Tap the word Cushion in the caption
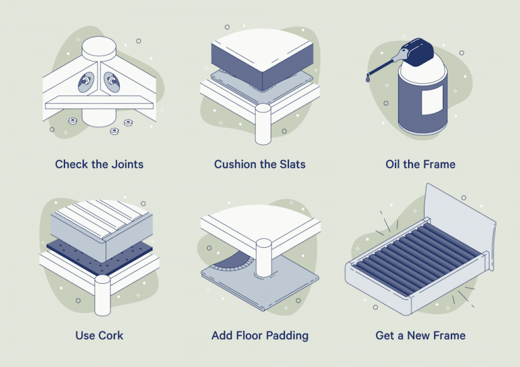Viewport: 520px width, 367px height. coord(236,165)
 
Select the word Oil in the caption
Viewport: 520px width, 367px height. coord(394,165)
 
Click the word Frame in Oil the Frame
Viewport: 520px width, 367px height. coord(438,165)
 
